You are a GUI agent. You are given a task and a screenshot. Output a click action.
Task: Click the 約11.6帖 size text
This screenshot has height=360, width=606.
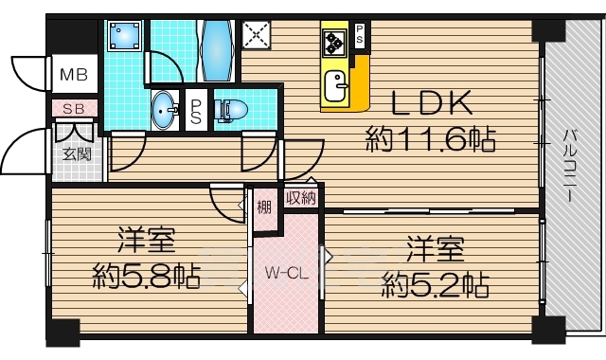click(432, 142)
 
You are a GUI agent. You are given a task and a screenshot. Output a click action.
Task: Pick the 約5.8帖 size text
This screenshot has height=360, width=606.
click(146, 277)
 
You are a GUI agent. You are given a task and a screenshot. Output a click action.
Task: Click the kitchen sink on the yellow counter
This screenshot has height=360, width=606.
click(336, 89)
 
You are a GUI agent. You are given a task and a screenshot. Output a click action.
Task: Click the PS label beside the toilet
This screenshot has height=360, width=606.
click(196, 112)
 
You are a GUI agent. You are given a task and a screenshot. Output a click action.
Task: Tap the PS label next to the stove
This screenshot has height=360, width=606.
click(360, 35)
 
